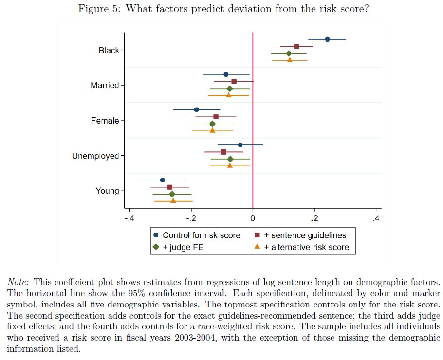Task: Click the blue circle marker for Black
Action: (x=327, y=39)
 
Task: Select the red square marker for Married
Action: (x=234, y=82)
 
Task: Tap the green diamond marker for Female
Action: (x=212, y=124)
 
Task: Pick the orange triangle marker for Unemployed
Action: (x=230, y=166)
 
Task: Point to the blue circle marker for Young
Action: (x=163, y=180)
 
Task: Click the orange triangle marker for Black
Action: (x=290, y=60)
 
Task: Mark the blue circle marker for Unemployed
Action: (x=240, y=145)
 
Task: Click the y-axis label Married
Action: (x=105, y=86)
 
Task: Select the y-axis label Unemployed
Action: (x=95, y=156)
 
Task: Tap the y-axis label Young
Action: (x=107, y=191)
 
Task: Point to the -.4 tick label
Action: (x=129, y=218)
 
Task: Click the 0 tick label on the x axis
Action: (x=253, y=218)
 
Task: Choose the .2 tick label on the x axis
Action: (x=314, y=218)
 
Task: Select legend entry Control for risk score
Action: (x=202, y=235)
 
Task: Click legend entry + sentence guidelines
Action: (x=305, y=235)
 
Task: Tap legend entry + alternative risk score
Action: (x=306, y=247)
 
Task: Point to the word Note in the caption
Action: (x=18, y=282)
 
